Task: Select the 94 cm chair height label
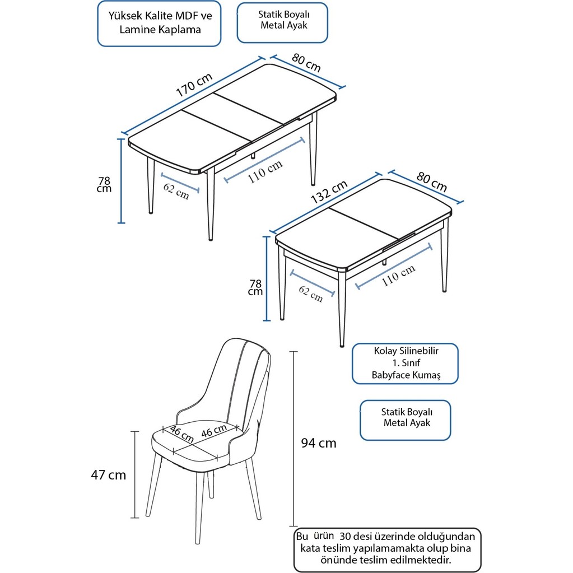tap(319, 444)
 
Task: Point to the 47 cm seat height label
tap(109, 475)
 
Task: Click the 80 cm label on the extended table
tap(305, 63)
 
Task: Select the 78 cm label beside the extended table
tap(104, 184)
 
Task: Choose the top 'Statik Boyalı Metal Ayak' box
tap(282, 22)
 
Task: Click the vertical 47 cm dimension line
tap(135, 474)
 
